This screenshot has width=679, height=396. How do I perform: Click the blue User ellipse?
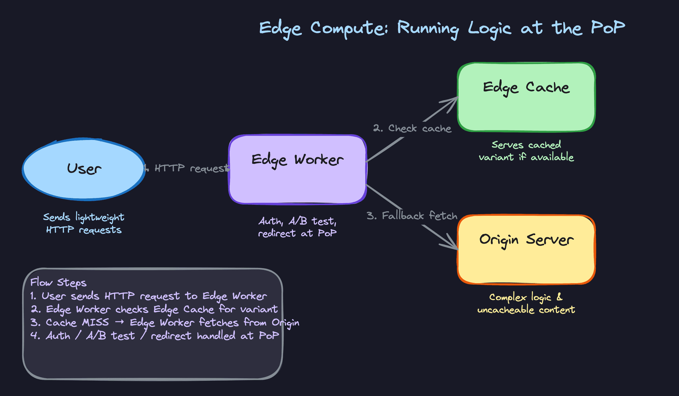point(84,169)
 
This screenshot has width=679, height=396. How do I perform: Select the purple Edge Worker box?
point(297,170)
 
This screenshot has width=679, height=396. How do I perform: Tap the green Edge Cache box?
point(526,97)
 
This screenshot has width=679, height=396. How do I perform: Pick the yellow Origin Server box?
point(526,250)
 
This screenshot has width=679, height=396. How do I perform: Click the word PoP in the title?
point(608,28)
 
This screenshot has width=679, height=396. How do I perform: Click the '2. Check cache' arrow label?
point(412,128)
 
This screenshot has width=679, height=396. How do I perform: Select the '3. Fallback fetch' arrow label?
point(412,216)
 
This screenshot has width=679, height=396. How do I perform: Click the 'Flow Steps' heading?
point(58,283)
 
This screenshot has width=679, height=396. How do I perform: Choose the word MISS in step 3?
point(95,322)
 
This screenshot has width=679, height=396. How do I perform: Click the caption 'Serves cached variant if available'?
point(526,151)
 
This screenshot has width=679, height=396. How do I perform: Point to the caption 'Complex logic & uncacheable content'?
point(526,303)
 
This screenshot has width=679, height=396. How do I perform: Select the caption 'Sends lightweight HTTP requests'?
point(84,223)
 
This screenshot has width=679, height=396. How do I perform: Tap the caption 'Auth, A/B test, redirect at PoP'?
point(297,227)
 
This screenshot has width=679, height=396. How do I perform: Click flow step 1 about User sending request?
point(149,296)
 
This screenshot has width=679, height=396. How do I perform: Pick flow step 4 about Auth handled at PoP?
point(155,336)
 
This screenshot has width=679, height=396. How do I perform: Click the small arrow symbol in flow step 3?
point(119,322)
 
